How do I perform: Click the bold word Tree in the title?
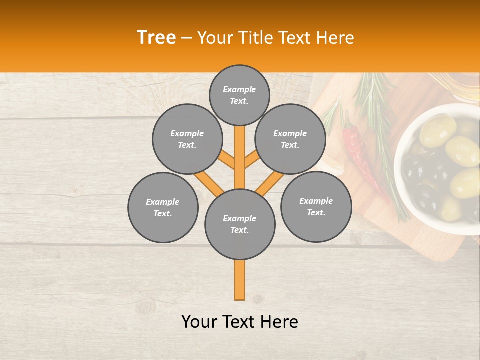click(156, 38)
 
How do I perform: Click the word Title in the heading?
click(256, 38)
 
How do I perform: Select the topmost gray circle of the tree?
click(239, 95)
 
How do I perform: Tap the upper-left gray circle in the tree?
click(187, 139)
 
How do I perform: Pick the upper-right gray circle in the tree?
click(290, 139)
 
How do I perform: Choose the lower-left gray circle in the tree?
click(163, 207)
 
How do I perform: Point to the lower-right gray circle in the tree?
click(316, 206)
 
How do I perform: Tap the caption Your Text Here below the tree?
click(240, 322)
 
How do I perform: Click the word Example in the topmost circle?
click(239, 89)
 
